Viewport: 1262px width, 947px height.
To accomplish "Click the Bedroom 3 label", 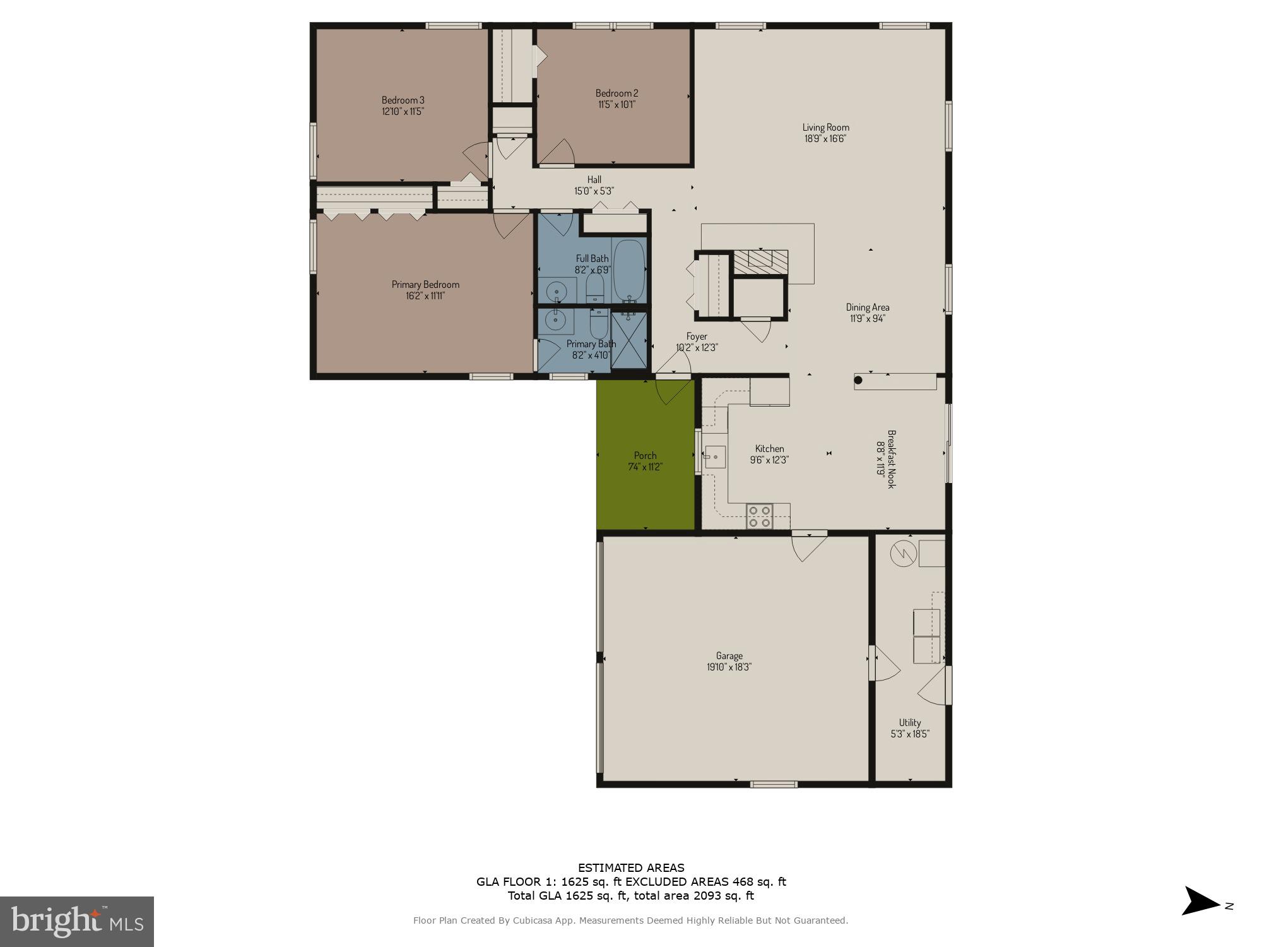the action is click(403, 100).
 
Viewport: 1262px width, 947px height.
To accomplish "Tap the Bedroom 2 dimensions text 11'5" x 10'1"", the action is click(616, 105).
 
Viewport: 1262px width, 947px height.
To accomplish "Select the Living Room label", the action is click(825, 128).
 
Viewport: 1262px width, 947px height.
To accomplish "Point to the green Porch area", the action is click(646, 455).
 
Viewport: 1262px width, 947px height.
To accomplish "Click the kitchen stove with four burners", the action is click(759, 516).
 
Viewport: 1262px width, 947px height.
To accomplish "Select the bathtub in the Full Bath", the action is click(629, 271).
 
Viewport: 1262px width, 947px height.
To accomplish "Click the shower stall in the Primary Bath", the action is click(629, 340).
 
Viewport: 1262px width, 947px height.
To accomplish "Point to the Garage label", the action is click(729, 656).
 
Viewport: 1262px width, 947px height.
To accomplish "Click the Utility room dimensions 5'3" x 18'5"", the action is click(910, 734).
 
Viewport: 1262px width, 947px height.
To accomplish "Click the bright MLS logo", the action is click(77, 922).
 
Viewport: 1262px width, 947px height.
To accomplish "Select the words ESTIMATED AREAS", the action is click(631, 868).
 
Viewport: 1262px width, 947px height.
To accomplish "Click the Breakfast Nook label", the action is click(892, 459).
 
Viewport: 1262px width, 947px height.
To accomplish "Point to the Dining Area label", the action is click(868, 307).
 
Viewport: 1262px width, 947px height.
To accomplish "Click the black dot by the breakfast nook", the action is click(858, 380).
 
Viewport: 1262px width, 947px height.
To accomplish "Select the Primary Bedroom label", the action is click(425, 284).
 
